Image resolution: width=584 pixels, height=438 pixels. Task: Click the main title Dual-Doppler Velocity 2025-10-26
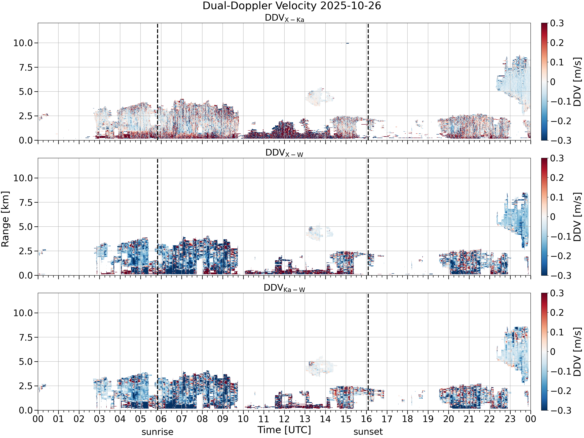click(292, 6)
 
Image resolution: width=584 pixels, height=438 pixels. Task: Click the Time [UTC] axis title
click(284, 430)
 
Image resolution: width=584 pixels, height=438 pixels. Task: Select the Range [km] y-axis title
click(5, 219)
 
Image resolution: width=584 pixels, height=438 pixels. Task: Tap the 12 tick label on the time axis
click(284, 419)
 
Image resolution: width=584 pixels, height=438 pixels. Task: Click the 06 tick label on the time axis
click(161, 419)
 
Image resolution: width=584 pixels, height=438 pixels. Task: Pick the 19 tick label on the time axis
click(428, 419)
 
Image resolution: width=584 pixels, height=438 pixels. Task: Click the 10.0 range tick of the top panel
click(23, 43)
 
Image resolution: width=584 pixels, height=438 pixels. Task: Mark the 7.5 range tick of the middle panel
click(26, 202)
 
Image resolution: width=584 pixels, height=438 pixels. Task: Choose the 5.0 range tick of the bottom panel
click(26, 361)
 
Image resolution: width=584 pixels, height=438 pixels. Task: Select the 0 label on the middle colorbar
click(553, 217)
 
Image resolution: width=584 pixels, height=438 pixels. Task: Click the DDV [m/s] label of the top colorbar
click(578, 82)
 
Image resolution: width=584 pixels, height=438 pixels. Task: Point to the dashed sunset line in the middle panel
click(368, 217)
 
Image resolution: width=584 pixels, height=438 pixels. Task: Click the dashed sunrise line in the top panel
click(158, 82)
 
